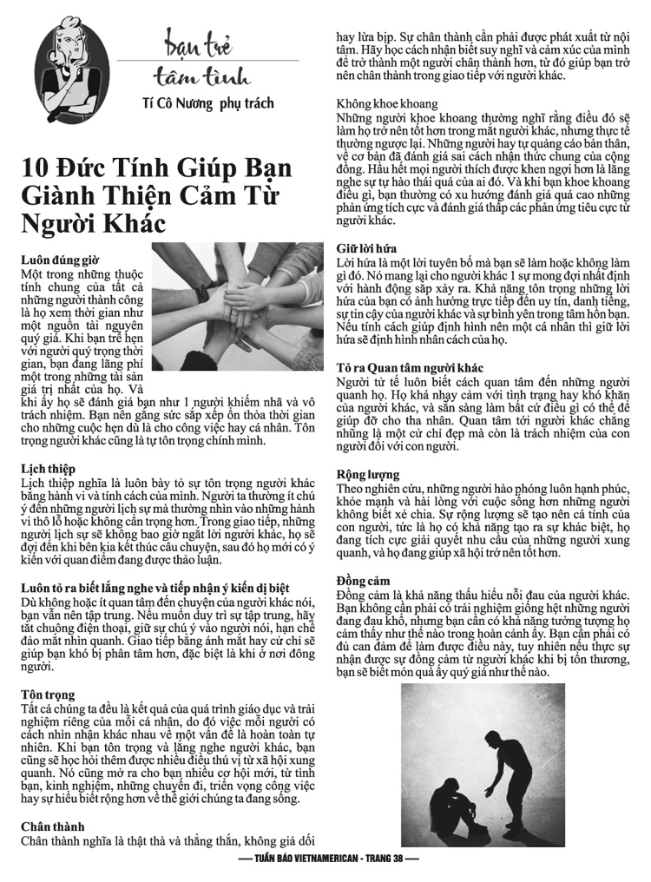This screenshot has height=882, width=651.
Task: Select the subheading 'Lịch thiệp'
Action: [48, 469]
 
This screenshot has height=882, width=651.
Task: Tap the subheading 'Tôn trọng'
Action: [48, 695]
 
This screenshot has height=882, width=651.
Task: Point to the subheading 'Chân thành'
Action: [53, 826]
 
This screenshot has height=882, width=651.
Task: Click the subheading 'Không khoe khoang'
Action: [387, 104]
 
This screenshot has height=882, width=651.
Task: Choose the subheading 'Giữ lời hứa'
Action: [366, 248]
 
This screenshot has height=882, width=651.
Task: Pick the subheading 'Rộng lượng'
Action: [368, 475]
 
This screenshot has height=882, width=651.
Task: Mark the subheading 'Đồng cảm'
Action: [363, 581]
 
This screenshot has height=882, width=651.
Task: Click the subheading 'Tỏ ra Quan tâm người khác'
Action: [410, 368]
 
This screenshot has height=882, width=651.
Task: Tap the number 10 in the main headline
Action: [35, 168]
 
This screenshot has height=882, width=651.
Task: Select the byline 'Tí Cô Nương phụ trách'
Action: [208, 103]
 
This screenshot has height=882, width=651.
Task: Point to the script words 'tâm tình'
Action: [201, 77]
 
